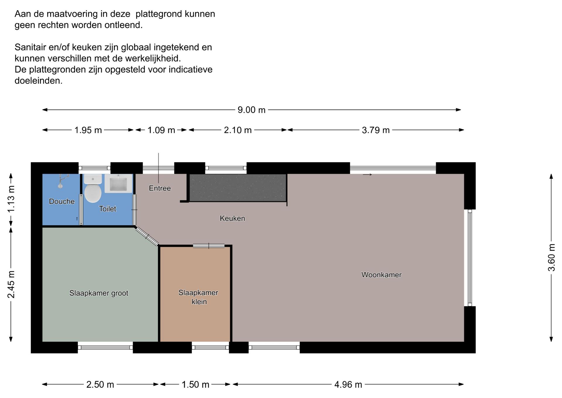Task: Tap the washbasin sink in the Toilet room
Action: pos(118,183)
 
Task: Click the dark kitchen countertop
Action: pos(238,188)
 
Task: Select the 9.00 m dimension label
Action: pos(251,110)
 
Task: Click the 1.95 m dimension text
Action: pos(88,130)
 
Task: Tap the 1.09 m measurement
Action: pos(161,130)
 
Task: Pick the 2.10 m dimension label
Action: pos(238,130)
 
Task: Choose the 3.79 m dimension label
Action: pos(376,130)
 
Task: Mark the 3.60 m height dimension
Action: pos(551,258)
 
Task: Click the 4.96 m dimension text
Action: pos(348,385)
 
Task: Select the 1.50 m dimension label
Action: pos(196,385)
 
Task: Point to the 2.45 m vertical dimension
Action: pos(11,284)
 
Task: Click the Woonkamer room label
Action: pos(381,275)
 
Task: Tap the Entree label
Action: pos(160,188)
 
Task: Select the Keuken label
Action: pos(232,218)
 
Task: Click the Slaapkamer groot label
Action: pos(99,293)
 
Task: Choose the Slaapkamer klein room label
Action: pos(198,297)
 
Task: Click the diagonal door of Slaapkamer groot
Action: pos(147,236)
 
